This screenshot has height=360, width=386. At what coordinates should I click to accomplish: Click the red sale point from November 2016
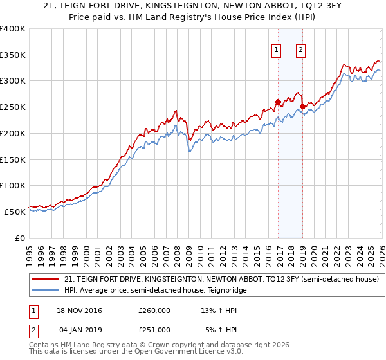coord(278,102)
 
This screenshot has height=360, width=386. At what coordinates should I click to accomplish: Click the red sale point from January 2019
coord(302,106)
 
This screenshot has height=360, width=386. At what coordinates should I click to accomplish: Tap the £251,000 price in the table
coord(154,329)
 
